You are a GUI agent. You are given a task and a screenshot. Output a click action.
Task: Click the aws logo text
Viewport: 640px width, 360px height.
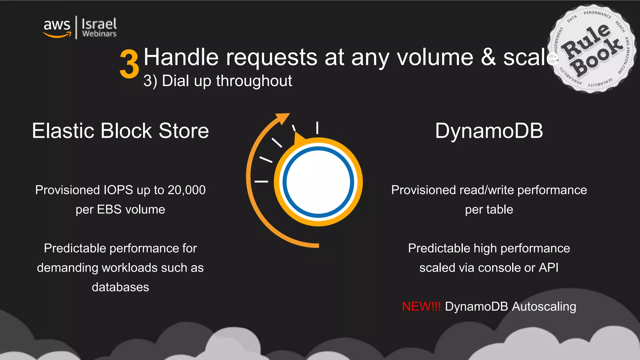[57, 25]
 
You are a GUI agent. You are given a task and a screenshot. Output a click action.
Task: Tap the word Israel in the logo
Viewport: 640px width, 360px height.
[99, 24]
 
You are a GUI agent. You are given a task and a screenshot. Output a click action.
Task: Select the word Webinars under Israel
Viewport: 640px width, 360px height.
[99, 34]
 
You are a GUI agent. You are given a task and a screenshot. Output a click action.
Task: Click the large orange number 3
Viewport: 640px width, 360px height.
[129, 64]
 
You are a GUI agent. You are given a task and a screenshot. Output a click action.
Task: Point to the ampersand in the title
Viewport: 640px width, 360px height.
[488, 57]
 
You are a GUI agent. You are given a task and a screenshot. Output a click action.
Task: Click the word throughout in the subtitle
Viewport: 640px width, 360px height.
[254, 81]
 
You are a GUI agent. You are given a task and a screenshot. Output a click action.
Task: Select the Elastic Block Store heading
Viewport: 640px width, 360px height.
[120, 131]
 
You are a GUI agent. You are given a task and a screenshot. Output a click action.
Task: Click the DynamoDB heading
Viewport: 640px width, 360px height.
[489, 131]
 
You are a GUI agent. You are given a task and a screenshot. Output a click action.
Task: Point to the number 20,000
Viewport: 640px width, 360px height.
[187, 190]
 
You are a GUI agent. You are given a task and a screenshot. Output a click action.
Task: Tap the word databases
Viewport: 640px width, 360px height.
[120, 287]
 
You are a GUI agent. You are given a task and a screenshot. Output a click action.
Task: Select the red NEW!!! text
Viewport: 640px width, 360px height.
[421, 307]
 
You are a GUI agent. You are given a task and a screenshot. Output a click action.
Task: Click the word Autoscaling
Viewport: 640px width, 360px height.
[544, 307]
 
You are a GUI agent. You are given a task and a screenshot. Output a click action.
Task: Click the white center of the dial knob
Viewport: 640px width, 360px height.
[318, 182]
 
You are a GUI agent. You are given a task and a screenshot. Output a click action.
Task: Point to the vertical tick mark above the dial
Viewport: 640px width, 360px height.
[317, 128]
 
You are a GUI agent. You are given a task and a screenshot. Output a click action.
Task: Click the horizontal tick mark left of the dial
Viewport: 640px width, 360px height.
[261, 181]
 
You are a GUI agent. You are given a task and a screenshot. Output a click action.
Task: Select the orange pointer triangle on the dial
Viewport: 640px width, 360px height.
[299, 139]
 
